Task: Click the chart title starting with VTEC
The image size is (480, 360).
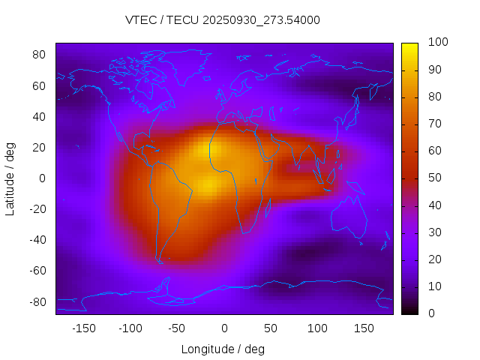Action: click(x=223, y=20)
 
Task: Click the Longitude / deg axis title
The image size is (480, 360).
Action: click(x=223, y=349)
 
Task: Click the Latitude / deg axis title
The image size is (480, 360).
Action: click(x=10, y=178)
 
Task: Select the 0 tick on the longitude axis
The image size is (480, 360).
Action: click(x=223, y=328)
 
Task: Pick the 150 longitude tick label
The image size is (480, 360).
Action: click(x=364, y=328)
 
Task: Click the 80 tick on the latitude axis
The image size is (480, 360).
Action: click(x=40, y=55)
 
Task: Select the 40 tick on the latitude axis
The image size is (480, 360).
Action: click(x=40, y=116)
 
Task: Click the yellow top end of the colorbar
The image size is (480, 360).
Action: click(x=409, y=46)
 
